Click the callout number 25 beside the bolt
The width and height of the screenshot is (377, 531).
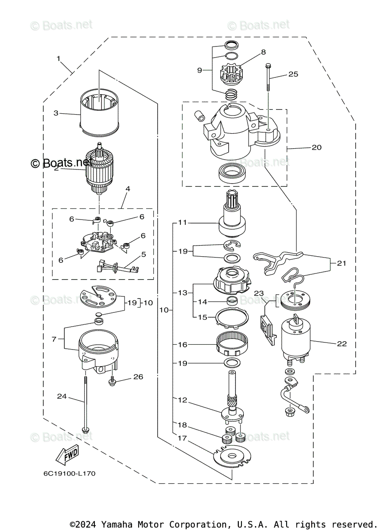[293, 74]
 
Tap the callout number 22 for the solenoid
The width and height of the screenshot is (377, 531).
[342, 343]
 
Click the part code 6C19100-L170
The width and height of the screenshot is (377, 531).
[69, 473]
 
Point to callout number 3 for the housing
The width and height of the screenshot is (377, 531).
[56, 113]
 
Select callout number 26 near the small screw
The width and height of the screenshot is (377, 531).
[138, 377]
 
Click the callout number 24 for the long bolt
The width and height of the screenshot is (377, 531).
[62, 396]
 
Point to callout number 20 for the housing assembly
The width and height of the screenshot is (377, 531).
[316, 147]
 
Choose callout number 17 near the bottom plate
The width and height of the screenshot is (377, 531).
[182, 438]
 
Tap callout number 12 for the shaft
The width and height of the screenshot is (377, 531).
[182, 400]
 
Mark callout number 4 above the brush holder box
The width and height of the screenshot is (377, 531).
[128, 189]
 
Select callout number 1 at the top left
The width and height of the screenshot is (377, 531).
[58, 58]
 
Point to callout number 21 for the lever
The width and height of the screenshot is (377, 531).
[341, 263]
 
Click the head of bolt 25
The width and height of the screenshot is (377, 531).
[268, 66]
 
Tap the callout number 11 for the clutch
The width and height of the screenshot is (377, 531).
[182, 223]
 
